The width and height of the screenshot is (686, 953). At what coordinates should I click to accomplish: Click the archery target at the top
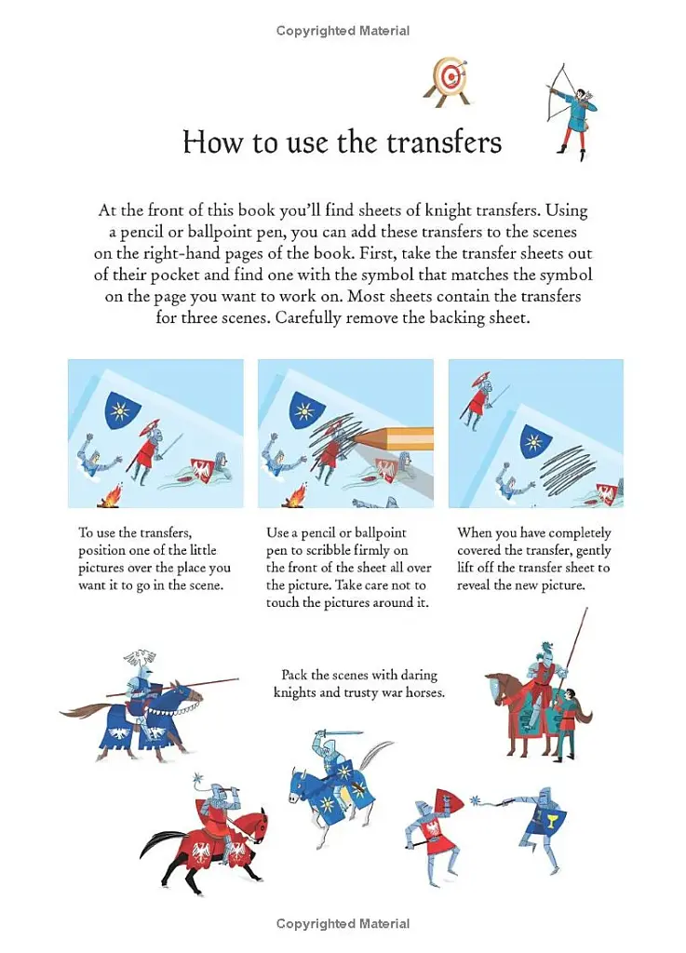pos(449,77)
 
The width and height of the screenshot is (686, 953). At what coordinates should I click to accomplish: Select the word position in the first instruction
pos(104,550)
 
